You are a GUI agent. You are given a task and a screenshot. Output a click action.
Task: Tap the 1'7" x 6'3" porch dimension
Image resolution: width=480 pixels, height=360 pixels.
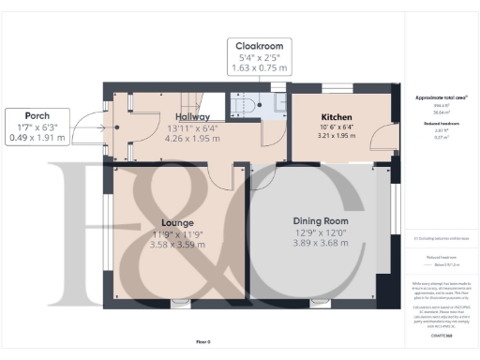click(37, 127)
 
